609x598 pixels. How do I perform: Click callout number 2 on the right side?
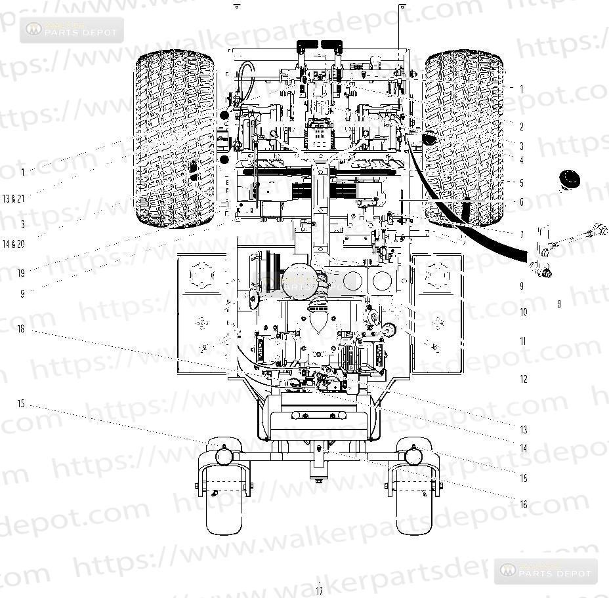[x=522, y=127]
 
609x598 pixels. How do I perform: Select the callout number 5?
[x=522, y=183]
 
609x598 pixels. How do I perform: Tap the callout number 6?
[x=522, y=203]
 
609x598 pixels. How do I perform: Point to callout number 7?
[x=522, y=234]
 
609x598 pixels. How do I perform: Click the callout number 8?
[x=558, y=304]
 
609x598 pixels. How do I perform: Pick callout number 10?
[x=523, y=312]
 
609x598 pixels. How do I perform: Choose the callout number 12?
[x=523, y=379]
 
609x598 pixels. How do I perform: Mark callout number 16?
[x=523, y=504]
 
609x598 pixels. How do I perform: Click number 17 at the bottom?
[x=320, y=591]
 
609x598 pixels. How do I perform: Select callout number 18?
[x=21, y=329]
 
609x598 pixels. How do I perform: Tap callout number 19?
[x=21, y=272]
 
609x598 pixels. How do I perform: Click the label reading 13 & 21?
[x=13, y=198]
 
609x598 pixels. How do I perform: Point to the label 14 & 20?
[x=13, y=244]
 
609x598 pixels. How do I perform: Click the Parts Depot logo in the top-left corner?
[x=72, y=30]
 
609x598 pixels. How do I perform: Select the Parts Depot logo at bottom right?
[x=546, y=570]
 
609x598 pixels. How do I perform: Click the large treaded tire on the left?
[x=175, y=141]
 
